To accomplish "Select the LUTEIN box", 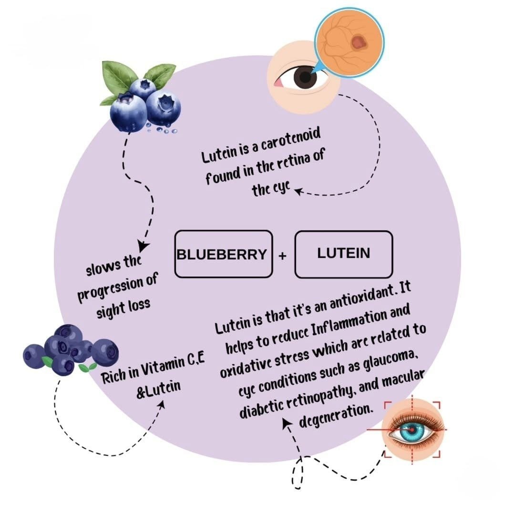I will tap(343, 254).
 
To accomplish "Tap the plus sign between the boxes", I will tap(283, 256).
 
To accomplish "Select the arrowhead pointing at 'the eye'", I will tap(298, 192).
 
